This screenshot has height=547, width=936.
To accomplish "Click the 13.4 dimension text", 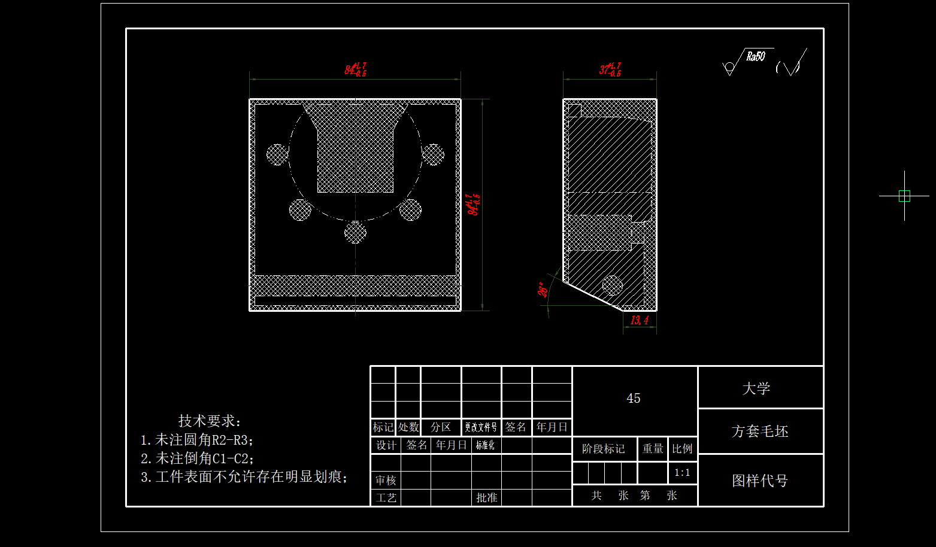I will point(639,320).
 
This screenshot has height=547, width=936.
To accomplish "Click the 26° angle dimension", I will point(543,290).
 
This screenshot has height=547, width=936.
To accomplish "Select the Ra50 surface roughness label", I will point(755,57).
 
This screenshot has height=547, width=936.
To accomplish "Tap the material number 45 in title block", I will point(634,399).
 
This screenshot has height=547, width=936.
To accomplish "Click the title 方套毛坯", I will point(760,431).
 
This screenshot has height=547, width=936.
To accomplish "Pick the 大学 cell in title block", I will point(756,388).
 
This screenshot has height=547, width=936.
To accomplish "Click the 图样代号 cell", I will point(760,481).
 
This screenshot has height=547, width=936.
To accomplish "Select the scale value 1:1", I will point(682,473).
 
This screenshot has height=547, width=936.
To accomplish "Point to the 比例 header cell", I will point(682,449).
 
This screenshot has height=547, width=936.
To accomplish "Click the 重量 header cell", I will point(653,449).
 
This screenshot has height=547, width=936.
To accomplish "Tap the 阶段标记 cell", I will point(603,449).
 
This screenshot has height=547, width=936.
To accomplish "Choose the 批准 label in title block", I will point(486,498).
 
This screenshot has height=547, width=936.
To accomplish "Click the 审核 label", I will point(386,481).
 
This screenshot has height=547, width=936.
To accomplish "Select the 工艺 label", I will point(386,498).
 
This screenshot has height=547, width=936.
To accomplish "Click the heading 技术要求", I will point(210,421).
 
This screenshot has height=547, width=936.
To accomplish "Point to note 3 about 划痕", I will point(244,477).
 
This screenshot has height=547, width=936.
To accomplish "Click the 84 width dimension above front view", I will point(355,70).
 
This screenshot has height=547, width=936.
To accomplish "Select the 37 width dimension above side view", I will point(610,69).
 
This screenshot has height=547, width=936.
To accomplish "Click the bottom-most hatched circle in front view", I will point(355,232).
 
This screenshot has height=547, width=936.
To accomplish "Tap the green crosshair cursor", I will point(904,196).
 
